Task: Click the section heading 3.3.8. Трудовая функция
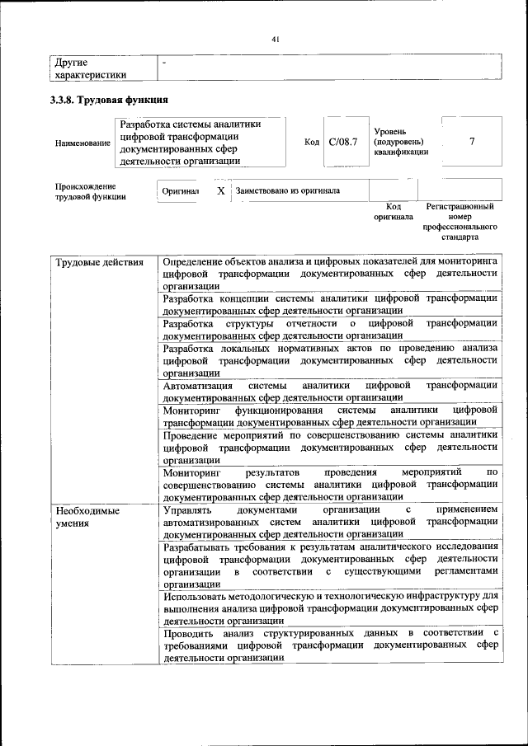coord(111,101)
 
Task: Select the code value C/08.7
coord(342,143)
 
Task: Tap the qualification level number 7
coord(472,142)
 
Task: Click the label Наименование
coord(82,143)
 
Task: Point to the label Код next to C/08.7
coord(312,143)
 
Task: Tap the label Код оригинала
coord(393,211)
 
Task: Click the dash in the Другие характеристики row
coord(165,63)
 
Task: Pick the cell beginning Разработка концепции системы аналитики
coord(330,304)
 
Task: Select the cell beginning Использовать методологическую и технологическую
coord(330,608)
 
